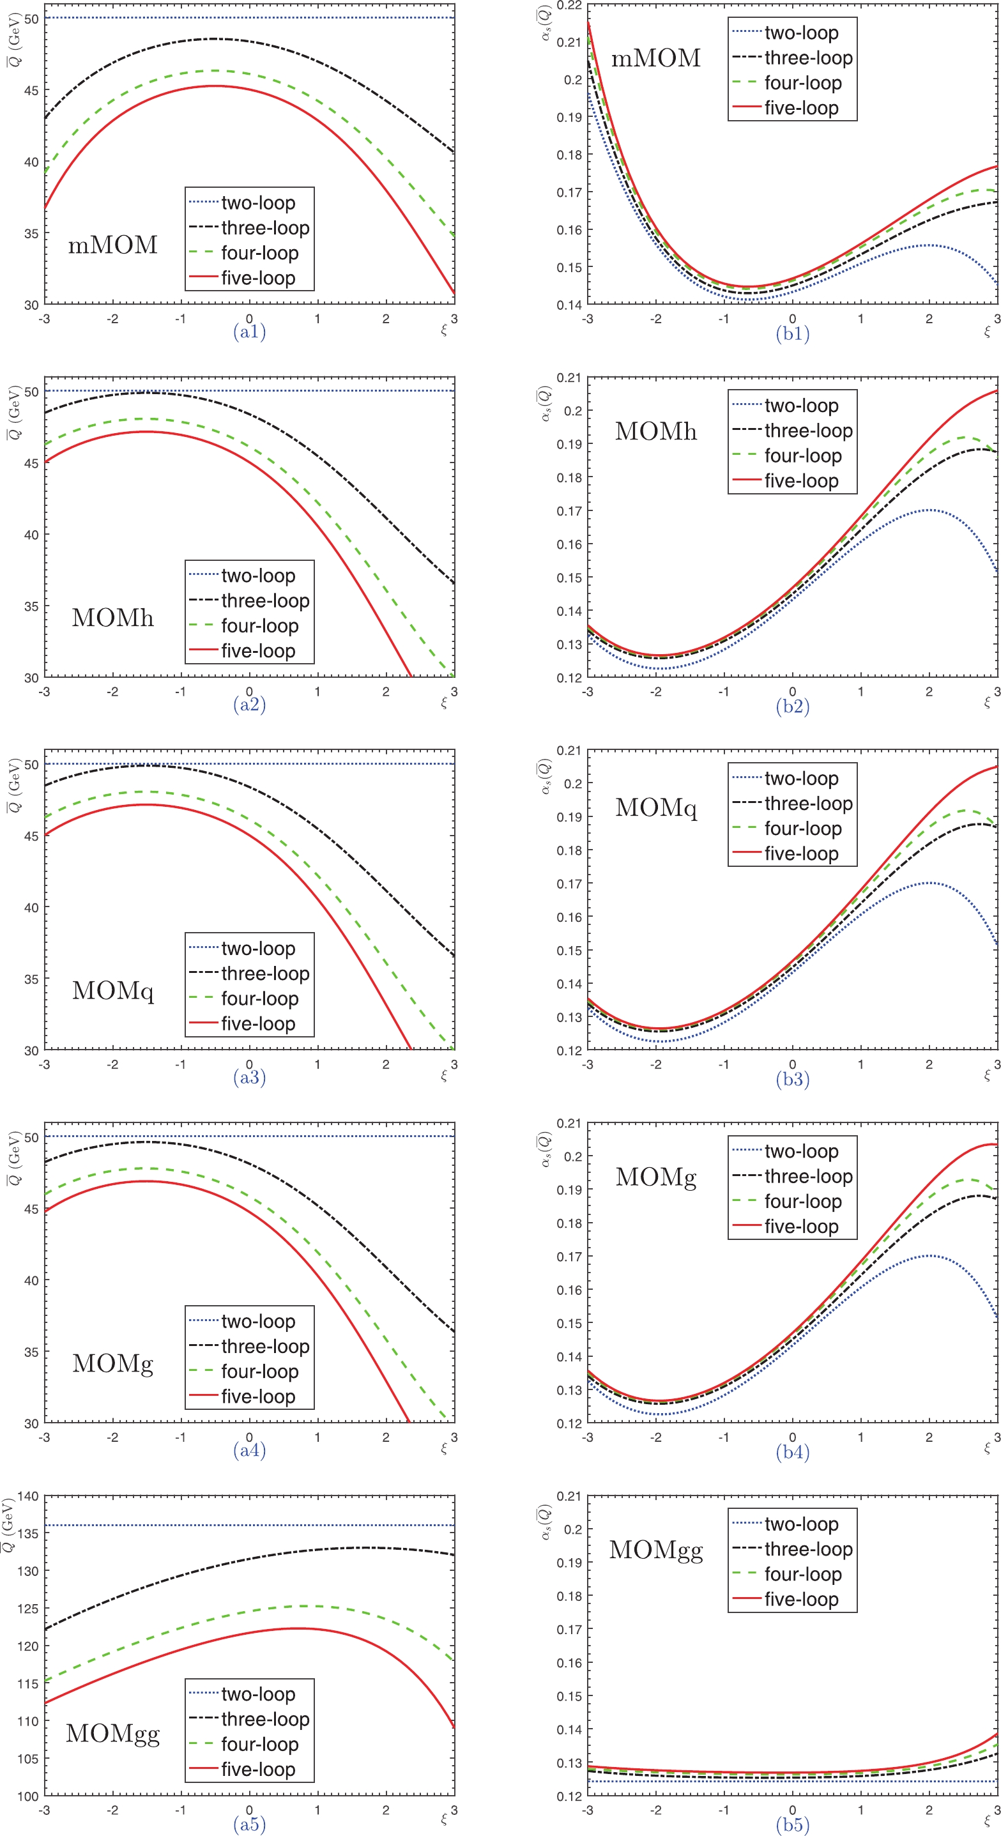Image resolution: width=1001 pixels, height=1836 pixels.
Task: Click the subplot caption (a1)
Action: point(249,332)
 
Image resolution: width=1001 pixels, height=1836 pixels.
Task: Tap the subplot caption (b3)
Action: point(792,1078)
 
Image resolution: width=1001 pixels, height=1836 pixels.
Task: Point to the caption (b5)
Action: point(792,1825)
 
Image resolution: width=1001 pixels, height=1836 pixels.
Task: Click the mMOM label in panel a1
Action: point(112,245)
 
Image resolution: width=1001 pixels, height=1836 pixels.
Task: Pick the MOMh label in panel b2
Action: point(655,431)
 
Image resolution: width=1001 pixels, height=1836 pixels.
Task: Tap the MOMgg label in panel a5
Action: point(112,1733)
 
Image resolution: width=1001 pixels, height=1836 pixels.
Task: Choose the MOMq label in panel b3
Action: point(655,807)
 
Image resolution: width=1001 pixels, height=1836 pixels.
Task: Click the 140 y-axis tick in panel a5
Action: point(27,1496)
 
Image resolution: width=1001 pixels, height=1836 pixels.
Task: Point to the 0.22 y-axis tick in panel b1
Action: point(569,6)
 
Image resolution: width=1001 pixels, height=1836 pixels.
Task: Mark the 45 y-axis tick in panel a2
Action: point(31,463)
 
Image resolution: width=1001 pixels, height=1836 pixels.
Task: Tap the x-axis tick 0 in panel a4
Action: point(249,1437)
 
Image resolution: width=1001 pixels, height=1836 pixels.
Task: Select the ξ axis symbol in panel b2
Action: point(987,703)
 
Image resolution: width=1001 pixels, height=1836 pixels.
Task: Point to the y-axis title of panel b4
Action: point(545,1149)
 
